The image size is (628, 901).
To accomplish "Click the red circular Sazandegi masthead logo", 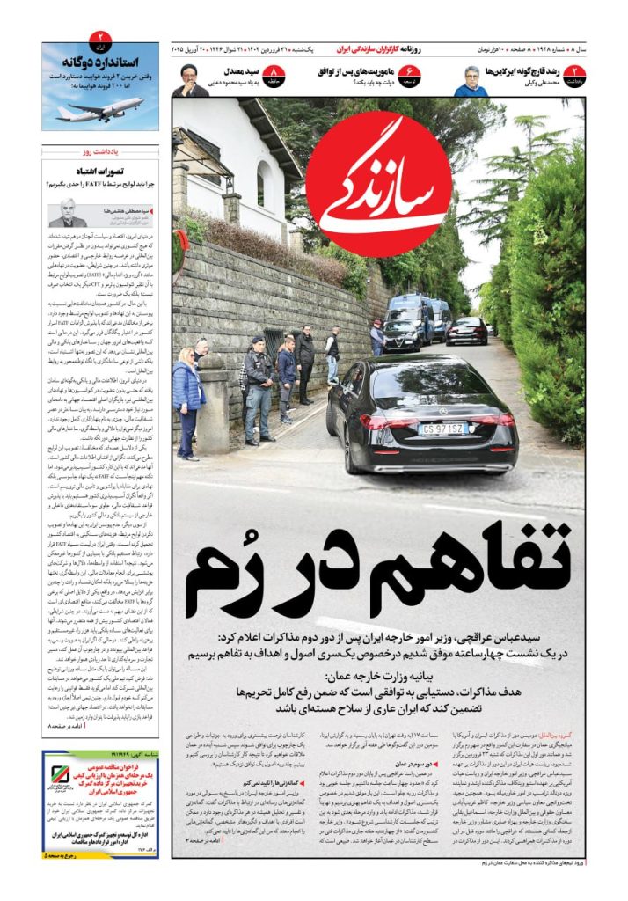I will point(380,183).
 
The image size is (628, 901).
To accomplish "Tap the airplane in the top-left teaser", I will point(99,110).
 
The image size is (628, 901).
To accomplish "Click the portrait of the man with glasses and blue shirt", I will point(471,81).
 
